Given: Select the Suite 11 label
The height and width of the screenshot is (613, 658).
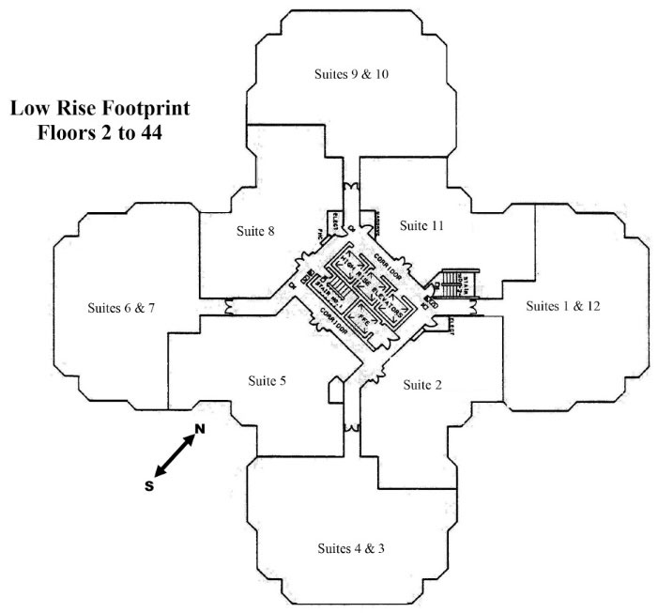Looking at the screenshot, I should [421, 225].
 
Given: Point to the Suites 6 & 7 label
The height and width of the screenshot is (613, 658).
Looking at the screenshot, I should [120, 308].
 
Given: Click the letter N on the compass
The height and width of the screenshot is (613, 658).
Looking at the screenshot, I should [199, 430].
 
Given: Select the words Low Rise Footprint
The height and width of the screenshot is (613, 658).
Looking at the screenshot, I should [100, 109].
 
